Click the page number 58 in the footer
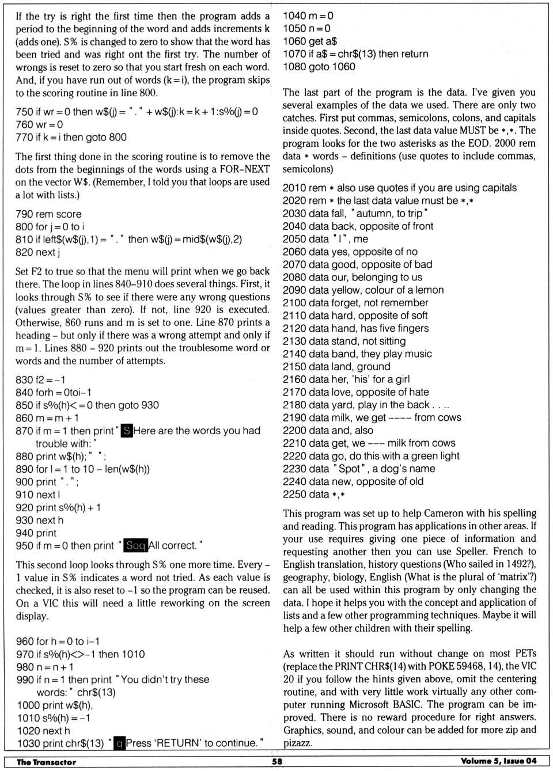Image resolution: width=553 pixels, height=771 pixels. coord(277,761)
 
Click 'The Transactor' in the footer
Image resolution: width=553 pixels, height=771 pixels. coord(46,762)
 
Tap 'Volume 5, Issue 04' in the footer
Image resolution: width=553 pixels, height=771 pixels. coord(498,761)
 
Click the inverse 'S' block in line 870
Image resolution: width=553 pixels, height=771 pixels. coord(126,431)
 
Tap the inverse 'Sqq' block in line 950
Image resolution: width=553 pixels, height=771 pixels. coord(136,545)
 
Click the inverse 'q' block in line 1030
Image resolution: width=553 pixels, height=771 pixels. coord(119,743)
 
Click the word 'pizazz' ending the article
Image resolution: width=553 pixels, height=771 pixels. coord(297,743)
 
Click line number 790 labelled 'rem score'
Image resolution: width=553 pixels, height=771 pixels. coord(24,214)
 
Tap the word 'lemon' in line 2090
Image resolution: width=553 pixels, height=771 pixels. coord(430,290)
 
